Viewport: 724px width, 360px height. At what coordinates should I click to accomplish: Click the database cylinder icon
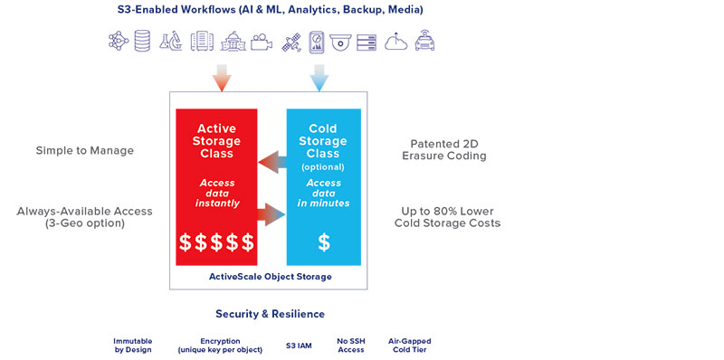click(x=142, y=42)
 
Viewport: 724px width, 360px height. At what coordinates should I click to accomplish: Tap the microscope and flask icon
click(x=171, y=42)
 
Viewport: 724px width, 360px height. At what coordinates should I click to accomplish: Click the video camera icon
click(x=261, y=43)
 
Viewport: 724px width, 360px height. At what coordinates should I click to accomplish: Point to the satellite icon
click(x=291, y=43)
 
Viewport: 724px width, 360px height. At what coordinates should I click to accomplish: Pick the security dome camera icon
click(x=339, y=42)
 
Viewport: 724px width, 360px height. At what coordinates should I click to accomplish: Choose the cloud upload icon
click(x=396, y=42)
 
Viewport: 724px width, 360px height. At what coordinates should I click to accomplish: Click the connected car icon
click(x=425, y=42)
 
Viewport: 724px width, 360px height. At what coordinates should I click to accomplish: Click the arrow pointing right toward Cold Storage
click(x=272, y=214)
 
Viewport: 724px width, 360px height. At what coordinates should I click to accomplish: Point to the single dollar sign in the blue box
click(x=323, y=242)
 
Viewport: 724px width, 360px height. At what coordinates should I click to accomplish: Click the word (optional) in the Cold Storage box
click(x=323, y=168)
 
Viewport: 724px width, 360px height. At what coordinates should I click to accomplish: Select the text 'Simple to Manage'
click(x=85, y=150)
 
